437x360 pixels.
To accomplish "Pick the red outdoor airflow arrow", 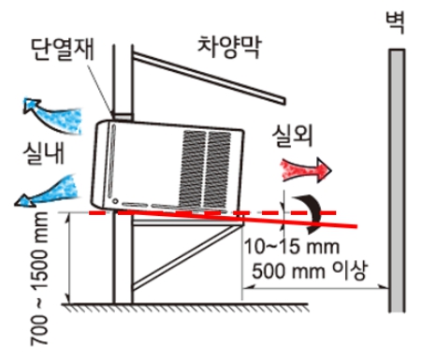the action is [x=305, y=169].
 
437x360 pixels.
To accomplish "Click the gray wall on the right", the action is [x=397, y=178].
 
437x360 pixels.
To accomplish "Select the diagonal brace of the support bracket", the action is [x=182, y=256].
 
